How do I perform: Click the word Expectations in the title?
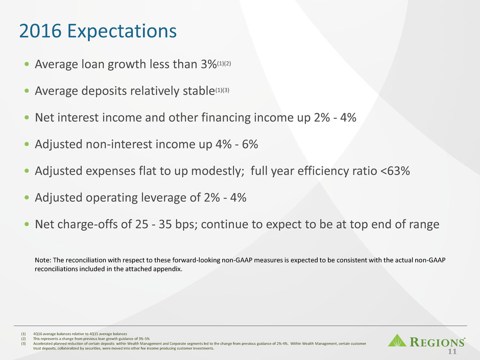point(122,31)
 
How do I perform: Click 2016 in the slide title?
point(40,31)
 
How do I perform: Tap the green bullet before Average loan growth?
point(27,64)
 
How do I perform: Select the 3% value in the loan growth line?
point(209,64)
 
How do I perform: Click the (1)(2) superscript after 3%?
point(224,64)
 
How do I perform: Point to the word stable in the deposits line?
point(199,91)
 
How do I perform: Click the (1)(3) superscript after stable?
point(222,90)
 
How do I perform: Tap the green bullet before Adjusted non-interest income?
point(27,144)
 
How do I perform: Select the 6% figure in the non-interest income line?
point(250,144)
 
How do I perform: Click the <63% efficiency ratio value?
point(395,171)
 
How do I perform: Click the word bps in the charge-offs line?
point(184,225)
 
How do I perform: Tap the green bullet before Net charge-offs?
point(27,224)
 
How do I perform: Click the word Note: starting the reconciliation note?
point(43,260)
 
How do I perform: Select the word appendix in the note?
point(170,270)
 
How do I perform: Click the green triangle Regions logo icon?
point(397,341)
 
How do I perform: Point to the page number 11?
point(452,351)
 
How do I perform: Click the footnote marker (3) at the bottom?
point(23,344)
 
